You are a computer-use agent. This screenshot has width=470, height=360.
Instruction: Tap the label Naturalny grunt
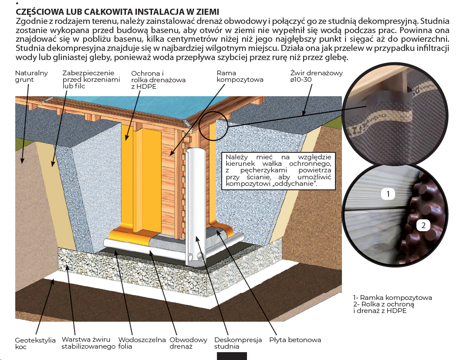(x=31, y=76)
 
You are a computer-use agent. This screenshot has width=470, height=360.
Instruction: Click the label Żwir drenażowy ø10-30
(x=316, y=76)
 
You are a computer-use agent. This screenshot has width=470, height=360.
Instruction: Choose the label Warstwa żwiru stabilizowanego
(x=88, y=343)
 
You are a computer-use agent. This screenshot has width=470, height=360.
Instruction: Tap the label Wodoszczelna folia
(x=142, y=343)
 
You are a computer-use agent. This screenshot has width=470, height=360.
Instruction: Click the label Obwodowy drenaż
(x=188, y=343)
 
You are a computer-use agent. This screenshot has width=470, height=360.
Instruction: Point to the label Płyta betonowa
(x=295, y=340)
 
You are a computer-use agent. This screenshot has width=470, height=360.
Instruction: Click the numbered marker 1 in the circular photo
(x=388, y=194)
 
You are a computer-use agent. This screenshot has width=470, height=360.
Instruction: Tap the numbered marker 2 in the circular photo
(x=423, y=225)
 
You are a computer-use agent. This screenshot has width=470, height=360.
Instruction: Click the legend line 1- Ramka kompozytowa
(x=392, y=298)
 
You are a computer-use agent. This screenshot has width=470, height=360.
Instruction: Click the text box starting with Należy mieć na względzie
(x=279, y=171)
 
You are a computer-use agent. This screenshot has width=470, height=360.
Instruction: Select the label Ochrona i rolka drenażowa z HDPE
(x=159, y=80)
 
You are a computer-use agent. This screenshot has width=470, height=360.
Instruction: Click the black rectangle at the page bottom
(x=232, y=356)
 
